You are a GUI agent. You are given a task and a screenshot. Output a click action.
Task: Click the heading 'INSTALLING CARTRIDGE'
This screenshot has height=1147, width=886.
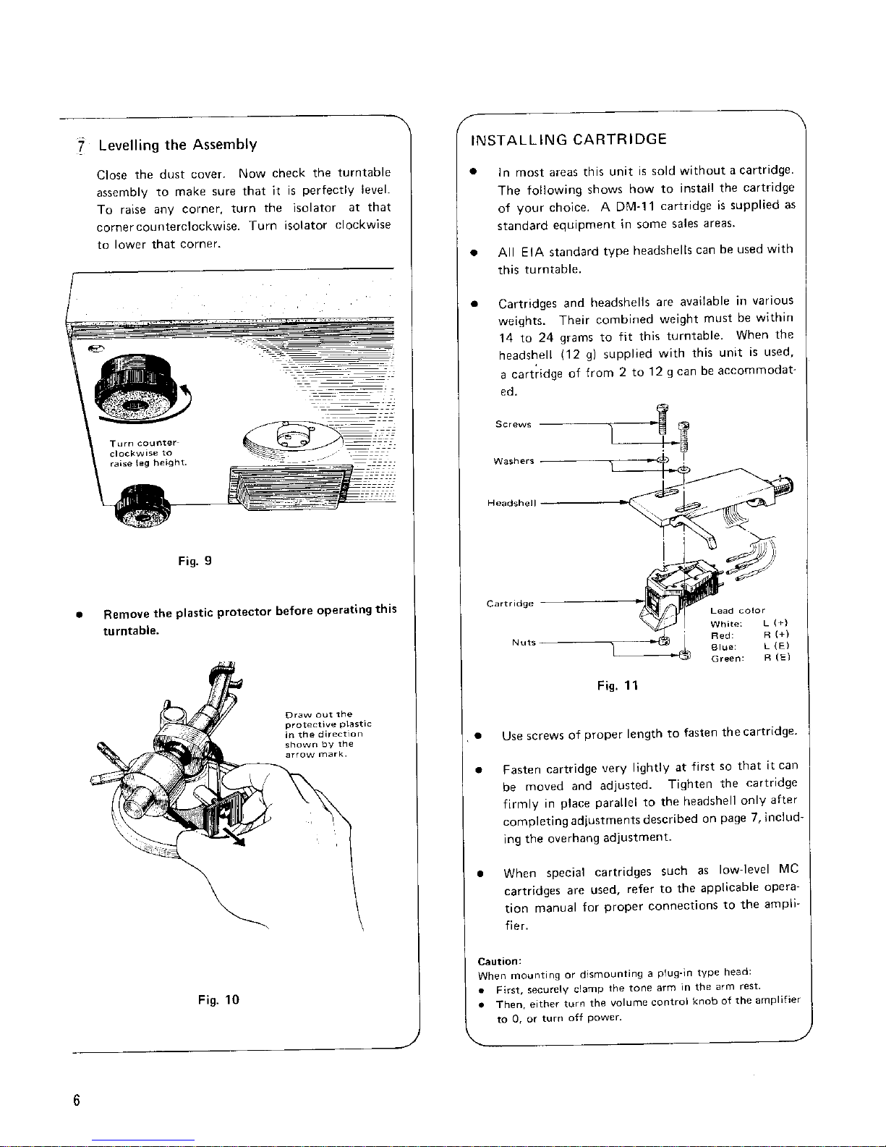click(568, 140)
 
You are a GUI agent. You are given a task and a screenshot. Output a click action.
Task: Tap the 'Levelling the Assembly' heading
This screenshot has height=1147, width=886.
click(178, 145)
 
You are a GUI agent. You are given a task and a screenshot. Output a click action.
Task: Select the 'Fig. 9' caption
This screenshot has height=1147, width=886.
click(195, 561)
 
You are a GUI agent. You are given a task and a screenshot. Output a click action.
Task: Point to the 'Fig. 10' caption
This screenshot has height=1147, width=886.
click(218, 999)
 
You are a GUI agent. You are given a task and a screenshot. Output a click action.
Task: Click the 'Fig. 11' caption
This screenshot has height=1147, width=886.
click(618, 685)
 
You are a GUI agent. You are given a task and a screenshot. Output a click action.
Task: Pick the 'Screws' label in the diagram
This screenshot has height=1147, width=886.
click(513, 424)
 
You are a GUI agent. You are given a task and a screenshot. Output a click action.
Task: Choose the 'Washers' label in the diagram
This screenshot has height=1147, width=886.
click(514, 461)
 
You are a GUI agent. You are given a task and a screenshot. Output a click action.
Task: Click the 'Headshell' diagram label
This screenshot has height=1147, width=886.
click(511, 503)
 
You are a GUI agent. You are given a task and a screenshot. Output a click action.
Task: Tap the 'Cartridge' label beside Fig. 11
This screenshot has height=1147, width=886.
click(510, 604)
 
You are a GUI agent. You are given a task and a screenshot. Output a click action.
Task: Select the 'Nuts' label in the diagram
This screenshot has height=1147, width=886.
click(524, 643)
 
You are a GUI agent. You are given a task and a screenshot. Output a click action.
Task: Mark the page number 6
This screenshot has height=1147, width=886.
click(77, 1101)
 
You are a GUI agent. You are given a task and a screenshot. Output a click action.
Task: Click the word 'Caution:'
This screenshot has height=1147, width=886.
click(500, 961)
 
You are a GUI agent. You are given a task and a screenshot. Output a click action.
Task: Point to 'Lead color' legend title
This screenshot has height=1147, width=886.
click(737, 611)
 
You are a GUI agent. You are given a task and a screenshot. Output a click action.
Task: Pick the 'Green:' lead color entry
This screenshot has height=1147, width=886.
click(728, 659)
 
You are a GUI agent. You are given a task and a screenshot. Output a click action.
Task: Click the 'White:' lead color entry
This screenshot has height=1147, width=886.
click(726, 624)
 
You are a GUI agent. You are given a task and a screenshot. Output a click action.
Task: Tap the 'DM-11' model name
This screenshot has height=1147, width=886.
click(635, 206)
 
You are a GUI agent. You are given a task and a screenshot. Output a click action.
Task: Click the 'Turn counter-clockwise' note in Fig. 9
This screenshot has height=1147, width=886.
click(148, 453)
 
